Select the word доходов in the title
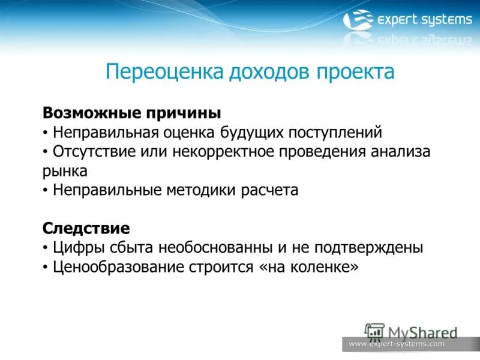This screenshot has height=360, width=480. [x=268, y=72]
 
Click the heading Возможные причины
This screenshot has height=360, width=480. [x=132, y=113]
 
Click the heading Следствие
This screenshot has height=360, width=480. [x=86, y=228]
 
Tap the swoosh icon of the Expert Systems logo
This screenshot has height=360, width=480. [x=358, y=20]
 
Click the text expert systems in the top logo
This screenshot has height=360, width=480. [x=424, y=20]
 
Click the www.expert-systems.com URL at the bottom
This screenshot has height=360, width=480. [x=397, y=344]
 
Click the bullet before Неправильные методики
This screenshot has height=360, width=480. [x=46, y=191]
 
